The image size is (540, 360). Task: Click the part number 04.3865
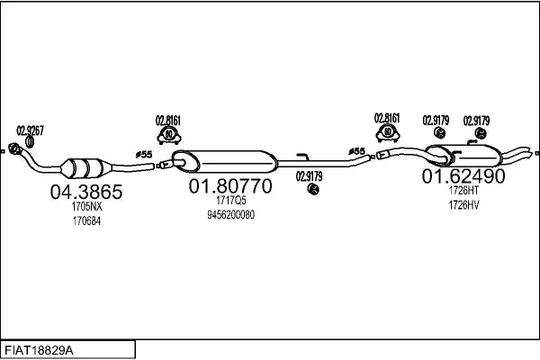click(86, 192)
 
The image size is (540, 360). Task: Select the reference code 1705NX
click(86, 207)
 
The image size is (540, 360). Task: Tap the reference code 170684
click(86, 221)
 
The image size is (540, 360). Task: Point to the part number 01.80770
click(230, 186)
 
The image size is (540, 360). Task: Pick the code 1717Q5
click(230, 200)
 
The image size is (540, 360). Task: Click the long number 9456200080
click(230, 215)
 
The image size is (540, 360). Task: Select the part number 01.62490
click(463, 176)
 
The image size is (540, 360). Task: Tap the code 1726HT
click(463, 190)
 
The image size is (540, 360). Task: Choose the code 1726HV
click(463, 205)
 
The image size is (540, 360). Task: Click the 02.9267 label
click(31, 130)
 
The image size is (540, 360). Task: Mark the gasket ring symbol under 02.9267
click(30, 142)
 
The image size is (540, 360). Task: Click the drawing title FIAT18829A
click(39, 351)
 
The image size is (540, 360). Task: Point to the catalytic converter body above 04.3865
click(85, 167)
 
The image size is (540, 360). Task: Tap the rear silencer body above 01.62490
click(463, 156)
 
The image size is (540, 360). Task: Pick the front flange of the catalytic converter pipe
click(13, 148)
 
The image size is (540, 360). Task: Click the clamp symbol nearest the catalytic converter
click(169, 135)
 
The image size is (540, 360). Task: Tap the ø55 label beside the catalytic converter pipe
click(144, 155)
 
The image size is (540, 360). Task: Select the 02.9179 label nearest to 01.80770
click(310, 176)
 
